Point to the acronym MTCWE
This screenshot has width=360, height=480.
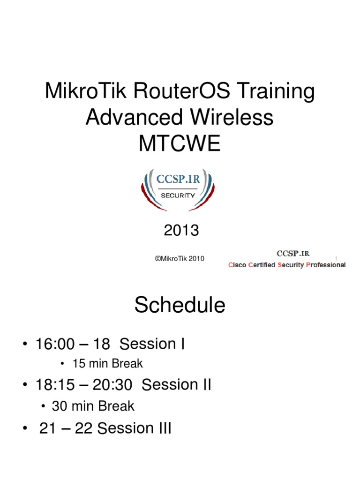[x=179, y=144]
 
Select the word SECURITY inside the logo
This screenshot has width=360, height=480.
[x=178, y=195]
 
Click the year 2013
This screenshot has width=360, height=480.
[x=181, y=230]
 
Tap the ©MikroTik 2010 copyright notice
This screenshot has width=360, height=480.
[x=180, y=258]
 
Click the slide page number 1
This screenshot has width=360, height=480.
[x=336, y=258]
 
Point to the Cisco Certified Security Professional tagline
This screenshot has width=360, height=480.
[x=287, y=265]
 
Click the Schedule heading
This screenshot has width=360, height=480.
[x=180, y=306]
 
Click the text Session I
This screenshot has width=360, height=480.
[x=152, y=345]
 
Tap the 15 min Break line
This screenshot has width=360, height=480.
[x=107, y=363]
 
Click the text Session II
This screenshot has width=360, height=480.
[x=176, y=385]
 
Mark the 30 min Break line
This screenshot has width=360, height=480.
[x=93, y=406]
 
